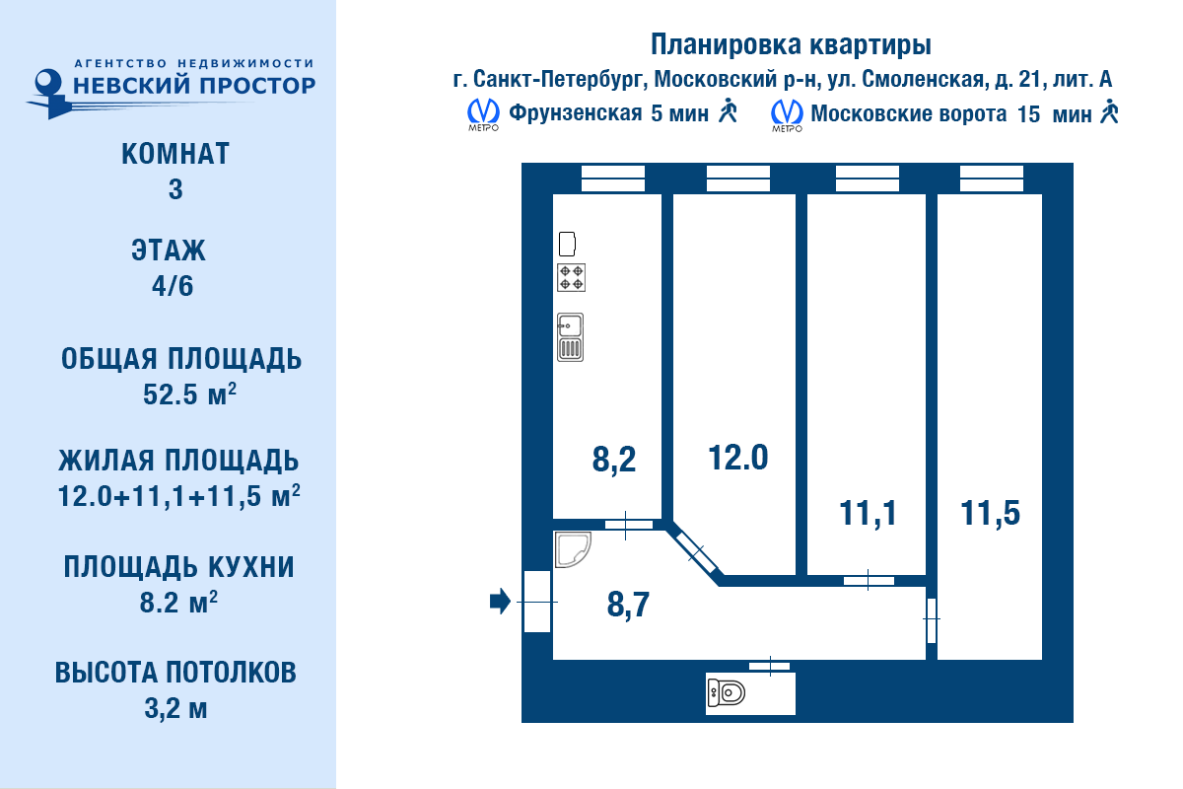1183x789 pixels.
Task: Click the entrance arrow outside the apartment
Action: point(500,602)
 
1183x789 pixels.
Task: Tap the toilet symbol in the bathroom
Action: point(727,692)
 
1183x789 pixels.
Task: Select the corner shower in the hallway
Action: point(573,549)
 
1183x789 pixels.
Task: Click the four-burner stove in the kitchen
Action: point(572,277)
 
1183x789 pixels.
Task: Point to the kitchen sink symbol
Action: point(571,337)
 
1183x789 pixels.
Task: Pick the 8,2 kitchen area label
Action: point(613,460)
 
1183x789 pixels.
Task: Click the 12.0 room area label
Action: point(737,457)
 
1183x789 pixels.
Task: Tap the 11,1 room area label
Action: point(868,513)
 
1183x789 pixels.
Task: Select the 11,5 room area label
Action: point(990,513)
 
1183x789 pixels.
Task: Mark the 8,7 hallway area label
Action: point(628,605)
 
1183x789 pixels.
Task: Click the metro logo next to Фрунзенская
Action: point(483,114)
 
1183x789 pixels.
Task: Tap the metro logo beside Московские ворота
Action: point(787,114)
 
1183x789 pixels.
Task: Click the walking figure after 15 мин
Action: point(1110,111)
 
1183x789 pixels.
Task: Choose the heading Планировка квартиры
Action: point(791,44)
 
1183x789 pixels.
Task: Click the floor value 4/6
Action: point(173,286)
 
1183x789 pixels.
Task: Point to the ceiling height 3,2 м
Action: point(175,709)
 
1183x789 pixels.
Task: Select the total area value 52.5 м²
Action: point(189,394)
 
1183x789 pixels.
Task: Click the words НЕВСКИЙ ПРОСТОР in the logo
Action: point(194,85)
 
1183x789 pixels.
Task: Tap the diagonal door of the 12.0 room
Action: point(696,552)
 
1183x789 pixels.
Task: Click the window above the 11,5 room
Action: point(992,179)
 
